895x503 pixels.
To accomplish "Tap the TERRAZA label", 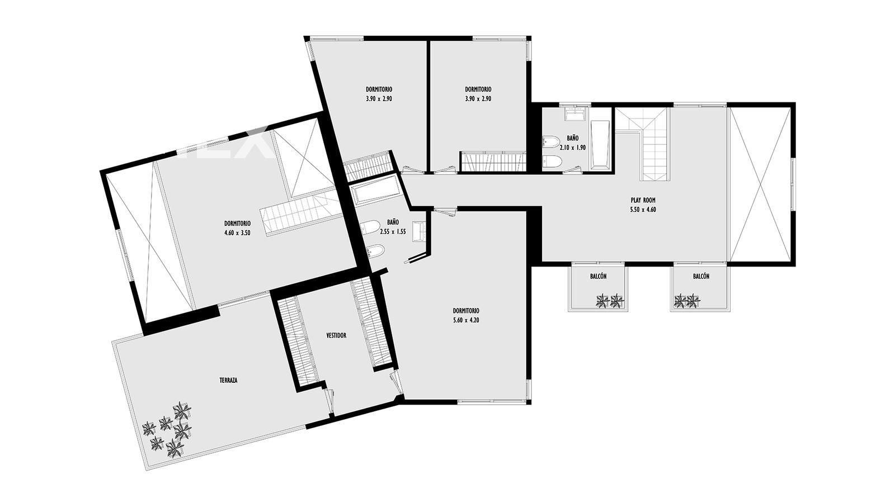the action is pyautogui.click(x=229, y=381).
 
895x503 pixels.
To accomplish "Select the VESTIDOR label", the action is pyautogui.click(x=336, y=336).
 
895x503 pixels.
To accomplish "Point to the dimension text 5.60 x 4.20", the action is pyautogui.click(x=466, y=320).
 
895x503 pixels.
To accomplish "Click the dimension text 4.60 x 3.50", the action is pyautogui.click(x=237, y=232).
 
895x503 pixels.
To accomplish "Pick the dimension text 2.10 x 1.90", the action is pyautogui.click(x=573, y=148).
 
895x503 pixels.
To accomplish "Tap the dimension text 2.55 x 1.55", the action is pyautogui.click(x=393, y=231).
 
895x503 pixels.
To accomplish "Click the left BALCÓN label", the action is pyautogui.click(x=599, y=276).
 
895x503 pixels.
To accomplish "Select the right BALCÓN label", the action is pyautogui.click(x=701, y=276).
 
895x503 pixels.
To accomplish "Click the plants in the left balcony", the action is pyautogui.click(x=610, y=301).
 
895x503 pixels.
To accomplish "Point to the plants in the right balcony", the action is pyautogui.click(x=686, y=301).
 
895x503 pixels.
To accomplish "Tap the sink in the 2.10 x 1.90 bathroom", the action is pyautogui.click(x=576, y=114).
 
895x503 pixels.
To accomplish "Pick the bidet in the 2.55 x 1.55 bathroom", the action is pyautogui.click(x=375, y=251).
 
